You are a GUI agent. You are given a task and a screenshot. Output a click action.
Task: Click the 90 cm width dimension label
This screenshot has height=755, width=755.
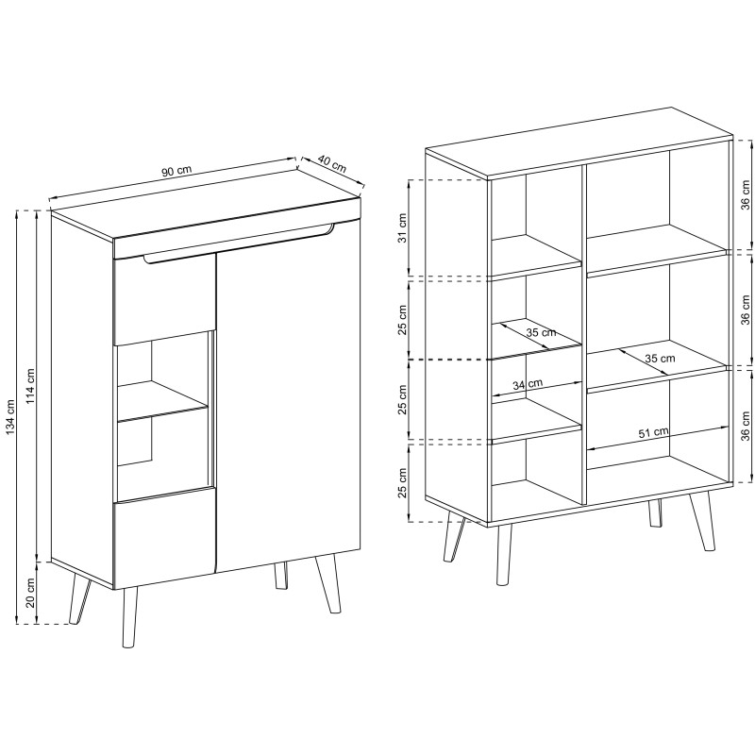point(176,170)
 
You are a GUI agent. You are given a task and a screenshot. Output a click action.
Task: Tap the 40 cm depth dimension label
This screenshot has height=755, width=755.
point(332,164)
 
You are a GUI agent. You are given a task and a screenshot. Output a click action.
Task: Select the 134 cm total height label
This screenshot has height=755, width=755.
point(10,416)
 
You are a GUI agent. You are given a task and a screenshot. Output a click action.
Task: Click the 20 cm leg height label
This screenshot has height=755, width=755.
point(31,593)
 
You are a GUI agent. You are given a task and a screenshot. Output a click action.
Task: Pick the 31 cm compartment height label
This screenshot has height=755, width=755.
point(403,227)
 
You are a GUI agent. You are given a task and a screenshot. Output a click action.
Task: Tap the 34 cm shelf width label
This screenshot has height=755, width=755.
point(528,384)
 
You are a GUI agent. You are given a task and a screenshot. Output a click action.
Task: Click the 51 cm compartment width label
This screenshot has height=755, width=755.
point(653,432)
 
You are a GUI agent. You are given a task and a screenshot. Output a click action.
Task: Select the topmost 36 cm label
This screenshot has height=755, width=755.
point(746,194)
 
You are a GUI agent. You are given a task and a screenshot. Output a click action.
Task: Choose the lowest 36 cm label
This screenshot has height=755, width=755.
point(746,427)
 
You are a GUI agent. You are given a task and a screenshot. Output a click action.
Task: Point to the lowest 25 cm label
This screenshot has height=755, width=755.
point(403,482)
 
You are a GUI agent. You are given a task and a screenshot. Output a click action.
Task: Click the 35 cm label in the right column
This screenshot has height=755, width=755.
point(660,359)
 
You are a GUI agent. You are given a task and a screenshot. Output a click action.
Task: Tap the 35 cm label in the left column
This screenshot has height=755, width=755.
point(541,332)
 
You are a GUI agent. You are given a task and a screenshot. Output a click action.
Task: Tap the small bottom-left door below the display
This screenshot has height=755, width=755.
point(163,535)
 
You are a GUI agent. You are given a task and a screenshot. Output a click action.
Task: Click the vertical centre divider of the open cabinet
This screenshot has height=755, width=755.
point(584,335)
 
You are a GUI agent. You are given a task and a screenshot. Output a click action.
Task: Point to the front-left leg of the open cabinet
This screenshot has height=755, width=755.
point(504,555)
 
